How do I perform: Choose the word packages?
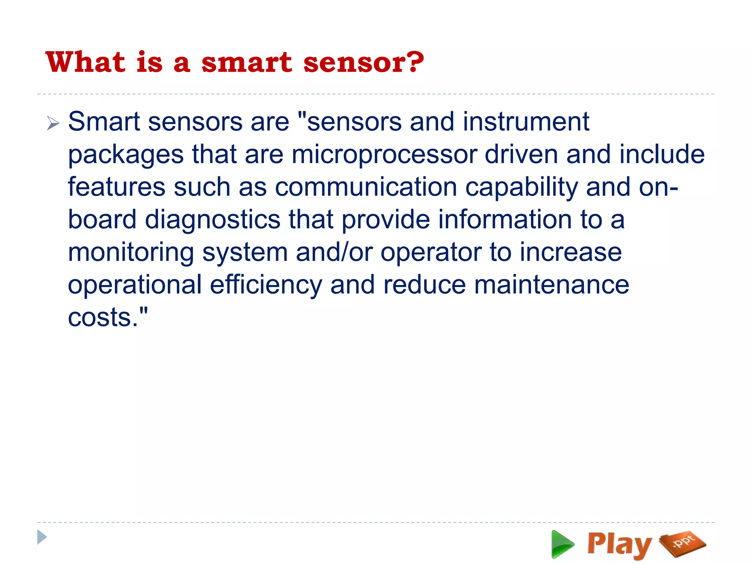(x=126, y=155)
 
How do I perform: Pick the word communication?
(x=366, y=187)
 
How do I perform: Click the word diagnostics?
(x=213, y=220)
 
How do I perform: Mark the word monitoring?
(x=131, y=253)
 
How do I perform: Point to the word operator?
(x=431, y=253)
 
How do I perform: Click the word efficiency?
(x=266, y=285)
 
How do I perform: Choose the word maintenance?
(x=552, y=285)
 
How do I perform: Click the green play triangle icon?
(x=562, y=544)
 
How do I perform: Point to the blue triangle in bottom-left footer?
(x=42, y=537)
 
